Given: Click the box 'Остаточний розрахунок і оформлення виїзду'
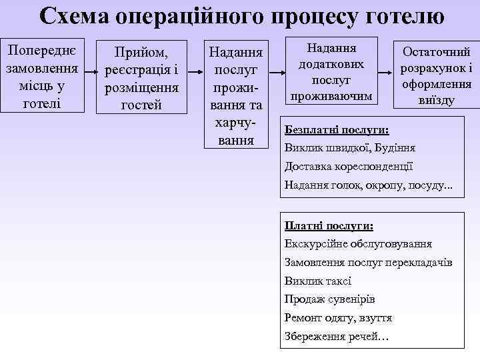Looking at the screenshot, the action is coord(435,75).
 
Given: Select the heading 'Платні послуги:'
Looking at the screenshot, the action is coord(329,225).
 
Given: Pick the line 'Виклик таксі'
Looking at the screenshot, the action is coord(317,281).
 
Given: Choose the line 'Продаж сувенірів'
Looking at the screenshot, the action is coord(329,299).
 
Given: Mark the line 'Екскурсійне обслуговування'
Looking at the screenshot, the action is coord(358,243).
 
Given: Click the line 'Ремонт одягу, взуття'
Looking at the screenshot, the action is coord(338,318).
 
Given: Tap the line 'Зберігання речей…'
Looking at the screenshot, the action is coord(336,337).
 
